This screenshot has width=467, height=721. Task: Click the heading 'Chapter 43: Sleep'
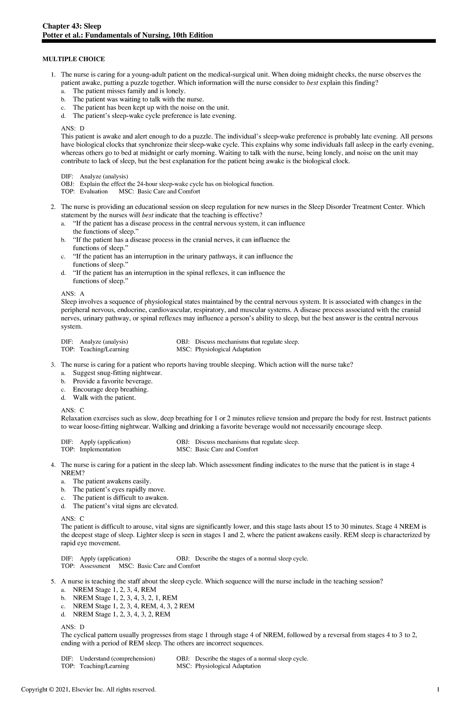click(x=72, y=26)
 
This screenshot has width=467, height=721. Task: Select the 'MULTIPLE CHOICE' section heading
click(x=74, y=59)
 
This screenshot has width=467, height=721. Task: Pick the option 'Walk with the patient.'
click(x=104, y=398)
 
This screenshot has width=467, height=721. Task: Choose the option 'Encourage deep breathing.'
click(x=111, y=389)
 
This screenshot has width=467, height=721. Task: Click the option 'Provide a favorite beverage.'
click(x=113, y=381)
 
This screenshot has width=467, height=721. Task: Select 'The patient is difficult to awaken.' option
click(x=121, y=498)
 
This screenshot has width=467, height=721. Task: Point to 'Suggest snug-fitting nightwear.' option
click(x=117, y=373)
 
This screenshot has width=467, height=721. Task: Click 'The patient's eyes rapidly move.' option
click(x=119, y=489)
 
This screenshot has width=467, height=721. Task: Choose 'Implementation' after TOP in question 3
click(x=100, y=449)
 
